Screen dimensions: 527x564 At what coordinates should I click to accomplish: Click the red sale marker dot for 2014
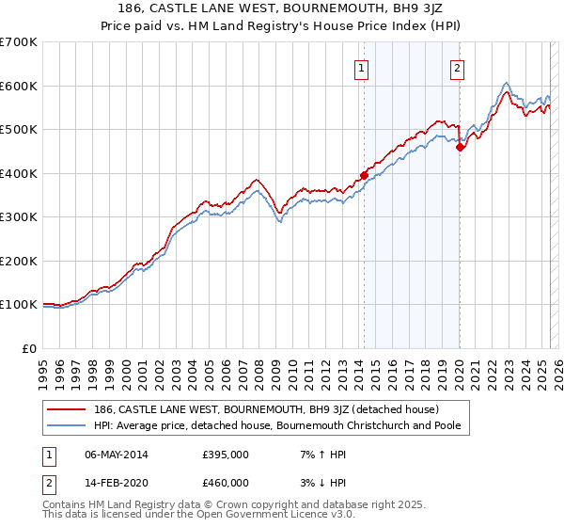(364, 175)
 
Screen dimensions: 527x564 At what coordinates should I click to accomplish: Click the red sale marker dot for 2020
(460, 147)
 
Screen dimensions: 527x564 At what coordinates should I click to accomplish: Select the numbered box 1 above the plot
(362, 67)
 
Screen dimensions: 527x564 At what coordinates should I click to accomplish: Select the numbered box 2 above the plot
(457, 67)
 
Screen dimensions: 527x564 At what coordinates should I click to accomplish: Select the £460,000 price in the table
(225, 483)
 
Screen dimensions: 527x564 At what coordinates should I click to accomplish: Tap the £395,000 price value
(225, 455)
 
